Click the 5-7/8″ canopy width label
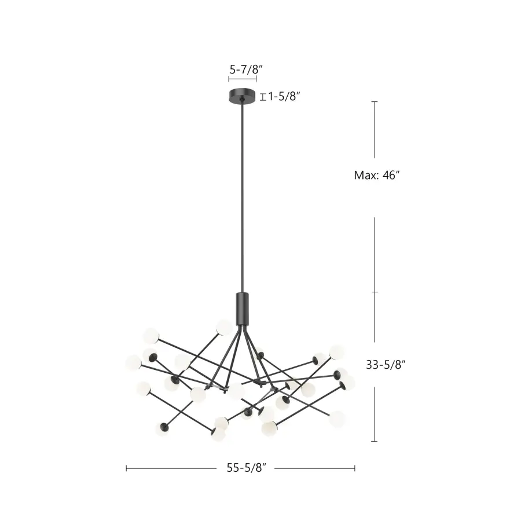(x=246, y=69)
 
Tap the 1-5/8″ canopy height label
(x=283, y=97)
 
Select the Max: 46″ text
(x=377, y=175)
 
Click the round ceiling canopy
(x=243, y=96)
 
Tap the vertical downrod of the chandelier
(x=242, y=197)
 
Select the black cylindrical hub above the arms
(x=242, y=309)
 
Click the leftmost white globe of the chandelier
(x=134, y=363)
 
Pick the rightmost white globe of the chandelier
(x=348, y=383)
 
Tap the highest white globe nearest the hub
(x=224, y=327)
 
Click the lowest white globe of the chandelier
(x=218, y=435)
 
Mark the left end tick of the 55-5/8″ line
(x=126, y=468)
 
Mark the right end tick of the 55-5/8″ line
(x=355, y=468)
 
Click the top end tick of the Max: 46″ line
(x=375, y=102)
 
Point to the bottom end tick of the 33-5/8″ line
(x=375, y=442)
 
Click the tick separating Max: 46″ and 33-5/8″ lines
(x=375, y=292)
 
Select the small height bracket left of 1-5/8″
(x=263, y=97)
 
